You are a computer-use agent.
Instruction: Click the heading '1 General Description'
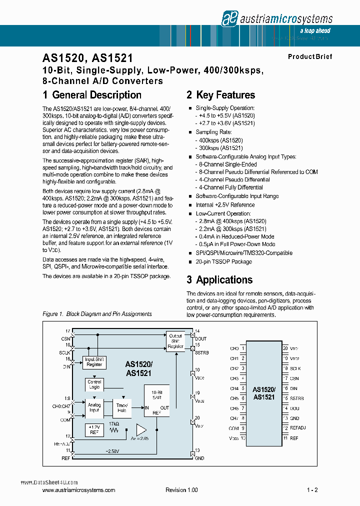[x=92, y=95]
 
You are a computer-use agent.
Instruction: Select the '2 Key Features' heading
[x=220, y=95]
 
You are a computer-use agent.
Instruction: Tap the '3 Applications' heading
[x=219, y=280]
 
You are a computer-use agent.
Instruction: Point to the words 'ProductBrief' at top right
[x=310, y=56]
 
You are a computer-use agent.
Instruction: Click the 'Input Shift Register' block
[x=94, y=362]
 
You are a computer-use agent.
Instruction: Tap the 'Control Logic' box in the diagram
[x=94, y=384]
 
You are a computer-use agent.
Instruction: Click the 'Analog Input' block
[x=94, y=407]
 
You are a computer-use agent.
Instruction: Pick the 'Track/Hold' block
[x=122, y=407]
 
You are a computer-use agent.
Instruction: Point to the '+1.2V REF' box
[x=94, y=429]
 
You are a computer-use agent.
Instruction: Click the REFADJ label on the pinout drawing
[x=298, y=427]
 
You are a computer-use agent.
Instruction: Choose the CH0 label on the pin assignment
[x=234, y=348]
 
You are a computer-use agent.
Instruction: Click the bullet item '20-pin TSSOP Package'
[x=224, y=261]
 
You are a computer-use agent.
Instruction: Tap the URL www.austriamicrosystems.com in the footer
[x=79, y=490]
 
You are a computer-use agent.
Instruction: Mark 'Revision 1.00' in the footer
[x=181, y=490]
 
